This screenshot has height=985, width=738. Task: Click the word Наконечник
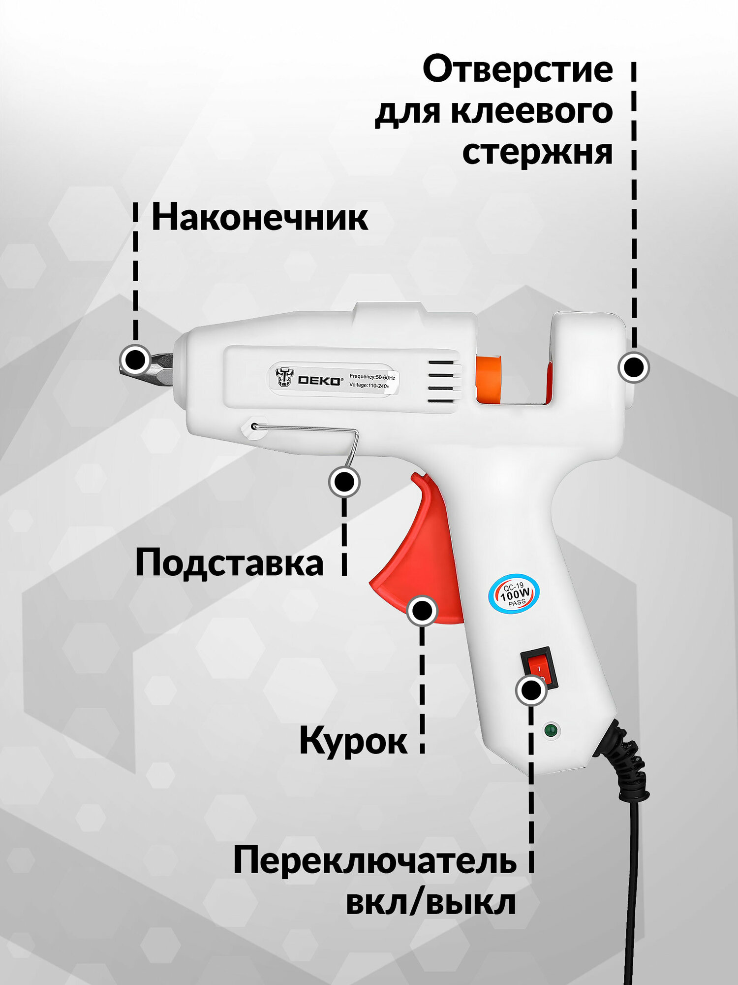pyautogui.click(x=259, y=217)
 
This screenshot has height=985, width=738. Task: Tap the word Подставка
pyautogui.click(x=229, y=562)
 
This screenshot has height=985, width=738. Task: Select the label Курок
pyautogui.click(x=353, y=740)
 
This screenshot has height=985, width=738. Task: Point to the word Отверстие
pyautogui.click(x=518, y=69)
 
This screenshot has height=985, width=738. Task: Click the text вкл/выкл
pyautogui.click(x=431, y=903)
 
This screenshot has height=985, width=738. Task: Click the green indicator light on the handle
pyautogui.click(x=552, y=729)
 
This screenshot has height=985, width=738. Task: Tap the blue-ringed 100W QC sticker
pyautogui.click(x=514, y=593)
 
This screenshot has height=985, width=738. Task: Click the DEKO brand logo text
pyautogui.click(x=319, y=380)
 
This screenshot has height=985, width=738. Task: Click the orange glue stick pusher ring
pyautogui.click(x=488, y=378)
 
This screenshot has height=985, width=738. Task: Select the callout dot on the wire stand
pyautogui.click(x=344, y=482)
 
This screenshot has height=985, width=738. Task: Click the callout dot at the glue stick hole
pyautogui.click(x=634, y=367)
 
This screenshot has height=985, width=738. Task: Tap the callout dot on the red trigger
pyautogui.click(x=422, y=611)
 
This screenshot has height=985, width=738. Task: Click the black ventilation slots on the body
pyautogui.click(x=441, y=382)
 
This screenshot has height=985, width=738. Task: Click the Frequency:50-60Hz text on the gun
pyautogui.click(x=372, y=377)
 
